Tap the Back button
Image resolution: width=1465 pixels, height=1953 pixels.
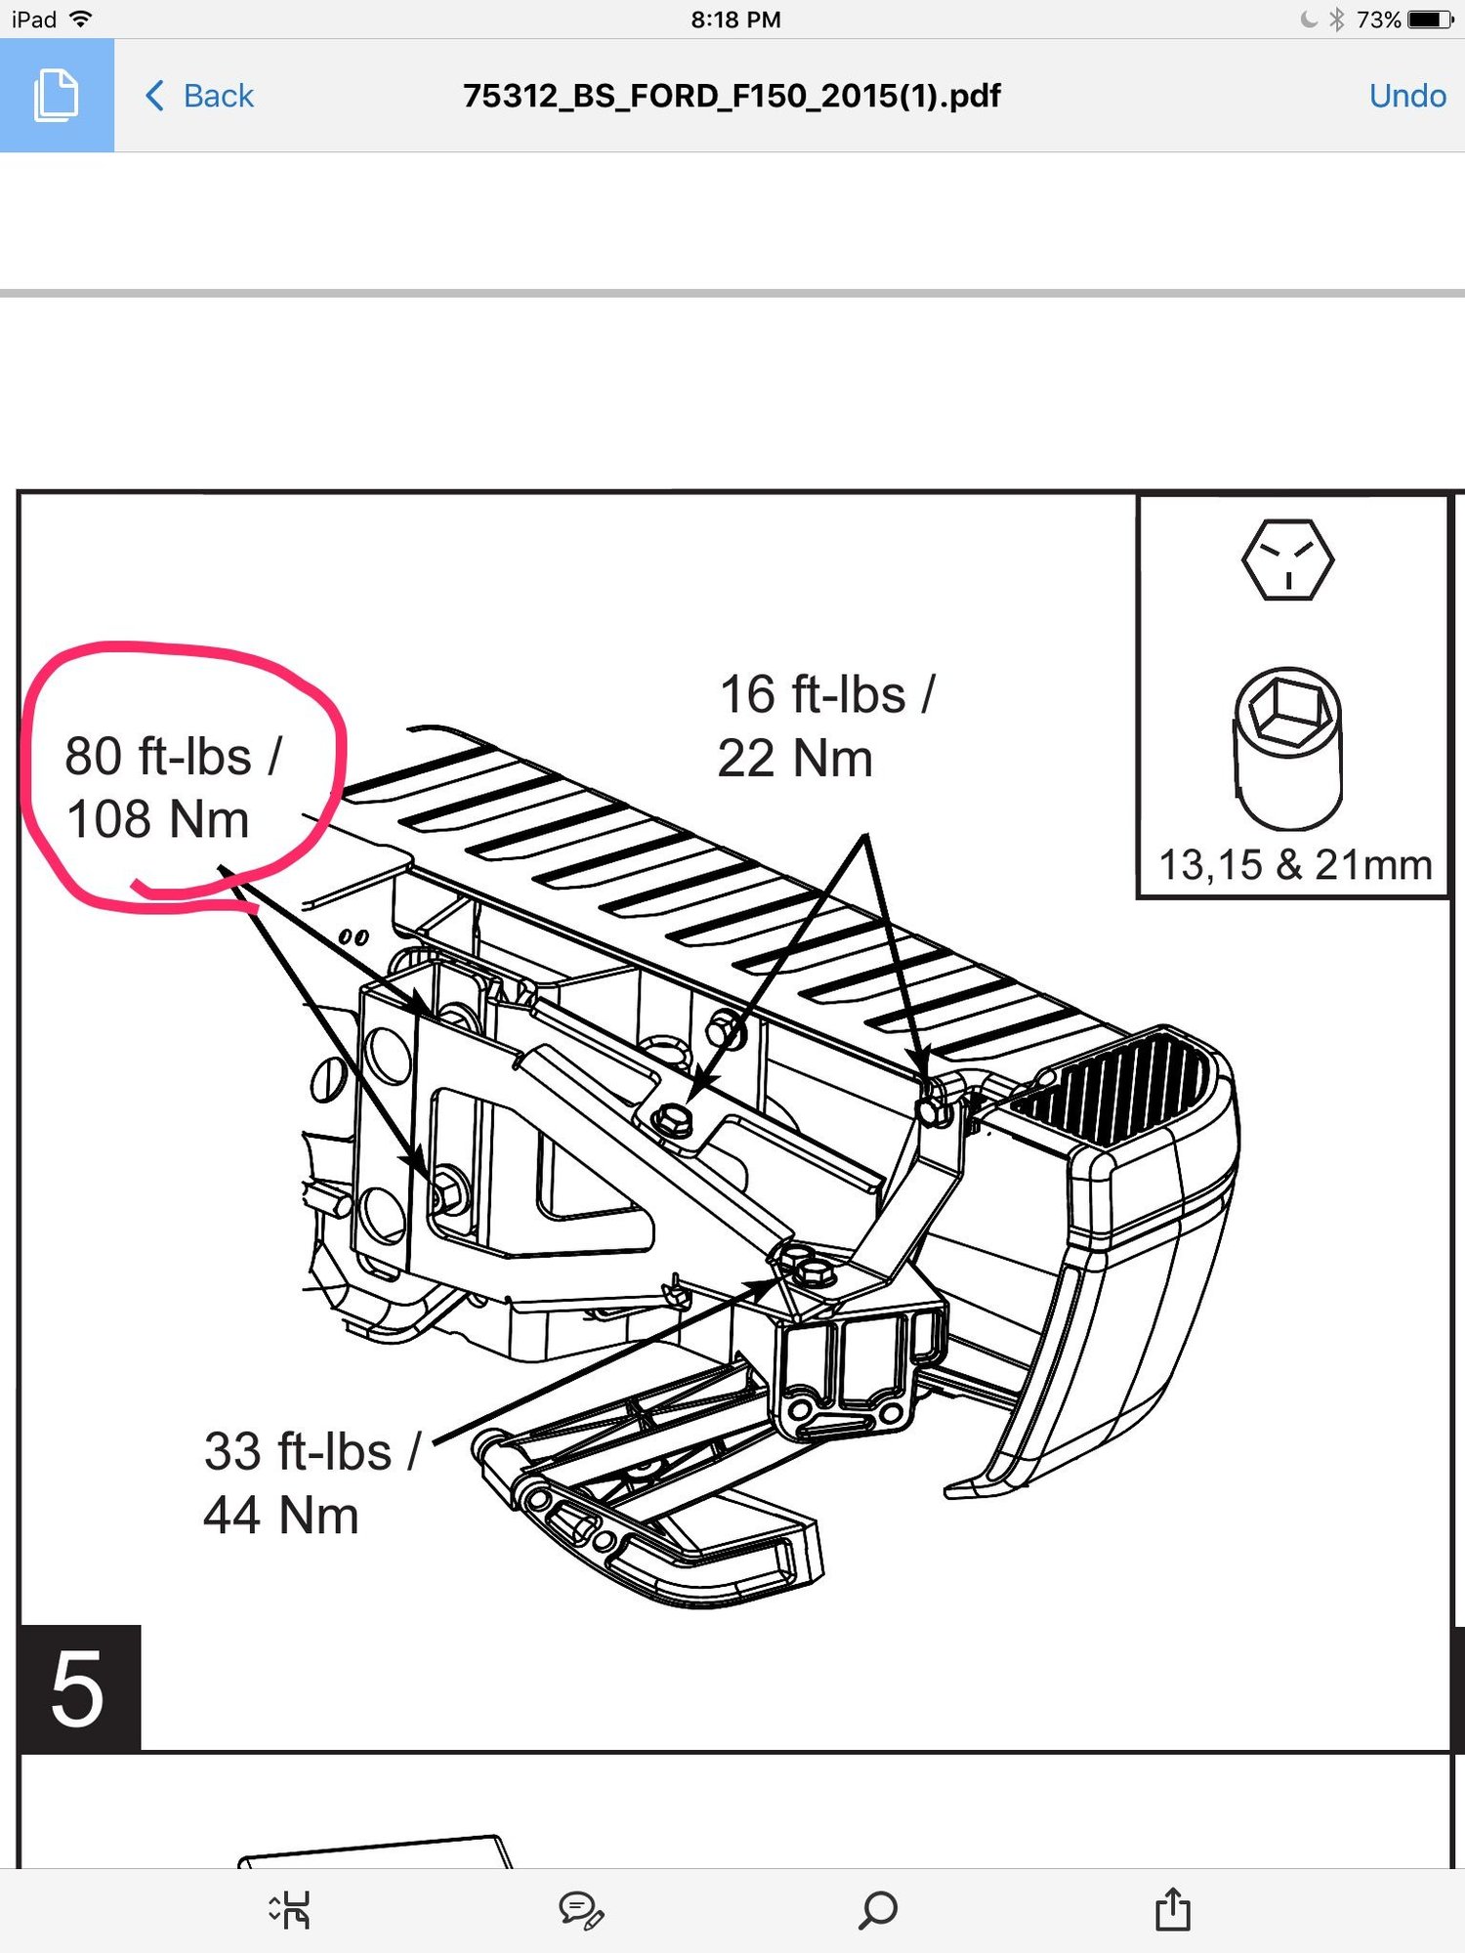click(x=200, y=96)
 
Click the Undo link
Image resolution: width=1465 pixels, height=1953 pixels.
click(x=1406, y=96)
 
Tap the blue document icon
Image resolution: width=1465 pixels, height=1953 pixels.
click(x=57, y=96)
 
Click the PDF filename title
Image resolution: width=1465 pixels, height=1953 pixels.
click(x=732, y=96)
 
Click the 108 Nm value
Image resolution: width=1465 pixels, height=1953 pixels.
click(x=157, y=819)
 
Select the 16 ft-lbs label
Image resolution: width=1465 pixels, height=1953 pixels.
click(x=826, y=695)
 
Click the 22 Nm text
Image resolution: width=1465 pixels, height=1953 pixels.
click(x=795, y=759)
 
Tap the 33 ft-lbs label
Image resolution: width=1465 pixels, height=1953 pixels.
click(x=312, y=1451)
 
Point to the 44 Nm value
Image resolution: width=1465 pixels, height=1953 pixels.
click(x=281, y=1516)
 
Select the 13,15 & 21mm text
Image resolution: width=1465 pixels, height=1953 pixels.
click(x=1294, y=865)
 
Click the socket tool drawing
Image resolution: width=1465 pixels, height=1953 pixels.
click(x=1288, y=747)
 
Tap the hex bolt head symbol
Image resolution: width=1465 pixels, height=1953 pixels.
click(x=1287, y=560)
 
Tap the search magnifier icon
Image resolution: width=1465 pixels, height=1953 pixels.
click(x=877, y=1909)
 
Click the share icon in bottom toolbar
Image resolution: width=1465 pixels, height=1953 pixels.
click(x=1172, y=1909)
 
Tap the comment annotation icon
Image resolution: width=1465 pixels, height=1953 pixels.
click(x=581, y=1910)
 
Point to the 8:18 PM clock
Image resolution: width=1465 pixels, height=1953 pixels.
click(x=735, y=20)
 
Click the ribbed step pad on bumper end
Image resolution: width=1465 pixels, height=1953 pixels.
click(x=1113, y=1089)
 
